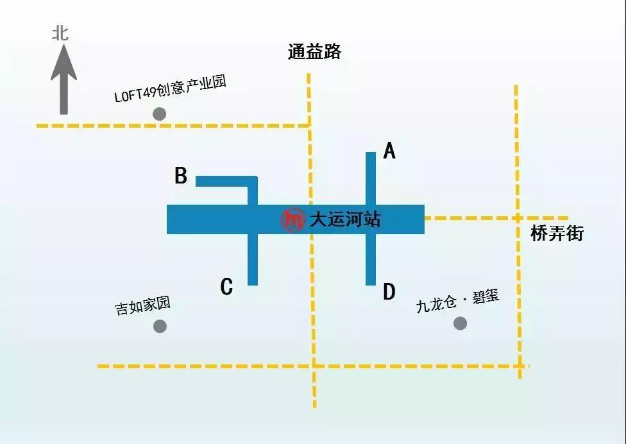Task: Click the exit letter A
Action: [389, 151]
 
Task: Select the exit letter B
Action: [182, 176]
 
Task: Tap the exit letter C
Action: [226, 287]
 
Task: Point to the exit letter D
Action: [389, 293]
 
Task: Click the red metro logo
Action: [293, 219]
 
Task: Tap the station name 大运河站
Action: [345, 219]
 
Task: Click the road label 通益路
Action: [314, 52]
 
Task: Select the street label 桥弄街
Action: [557, 234]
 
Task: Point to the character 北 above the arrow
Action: [61, 33]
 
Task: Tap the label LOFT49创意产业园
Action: [171, 90]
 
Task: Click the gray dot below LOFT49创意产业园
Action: [160, 114]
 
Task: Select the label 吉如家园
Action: [142, 306]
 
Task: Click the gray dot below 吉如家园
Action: [160, 326]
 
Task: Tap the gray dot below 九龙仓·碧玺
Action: [460, 323]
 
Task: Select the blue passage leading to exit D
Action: [370, 259]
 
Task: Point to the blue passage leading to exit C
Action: [253, 259]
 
